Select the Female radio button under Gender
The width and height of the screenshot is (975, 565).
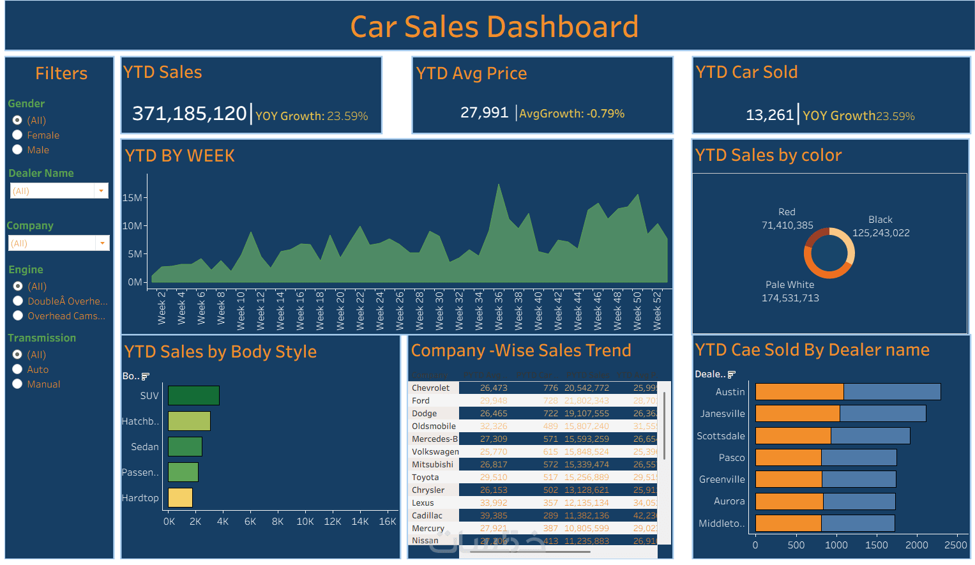[x=18, y=135]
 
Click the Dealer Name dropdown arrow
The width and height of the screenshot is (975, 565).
[x=101, y=191]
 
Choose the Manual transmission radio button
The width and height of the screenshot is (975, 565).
[x=18, y=384]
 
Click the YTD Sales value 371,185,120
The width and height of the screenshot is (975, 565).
[x=189, y=114]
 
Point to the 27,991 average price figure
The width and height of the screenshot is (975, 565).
[x=484, y=113]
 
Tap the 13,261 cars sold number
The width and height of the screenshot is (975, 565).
[x=769, y=115]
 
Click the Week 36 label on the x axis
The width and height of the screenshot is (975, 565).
[x=499, y=310]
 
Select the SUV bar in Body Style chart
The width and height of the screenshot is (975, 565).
[x=193, y=396]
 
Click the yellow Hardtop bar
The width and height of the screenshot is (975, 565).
[x=180, y=498]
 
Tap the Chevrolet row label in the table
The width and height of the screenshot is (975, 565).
[x=430, y=388]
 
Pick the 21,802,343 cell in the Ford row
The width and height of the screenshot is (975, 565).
[x=586, y=401]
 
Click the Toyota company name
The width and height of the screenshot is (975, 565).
[x=425, y=478]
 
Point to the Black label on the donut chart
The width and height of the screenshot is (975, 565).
[x=880, y=220]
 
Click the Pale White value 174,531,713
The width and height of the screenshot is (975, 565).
[x=790, y=298]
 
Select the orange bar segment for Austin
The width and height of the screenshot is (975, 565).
[x=799, y=392]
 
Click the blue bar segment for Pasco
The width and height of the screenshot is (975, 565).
[x=859, y=458]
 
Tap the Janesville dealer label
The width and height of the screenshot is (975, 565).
[x=722, y=414]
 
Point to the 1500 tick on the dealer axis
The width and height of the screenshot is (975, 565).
[x=876, y=545]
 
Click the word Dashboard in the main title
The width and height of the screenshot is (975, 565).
[x=563, y=27]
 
